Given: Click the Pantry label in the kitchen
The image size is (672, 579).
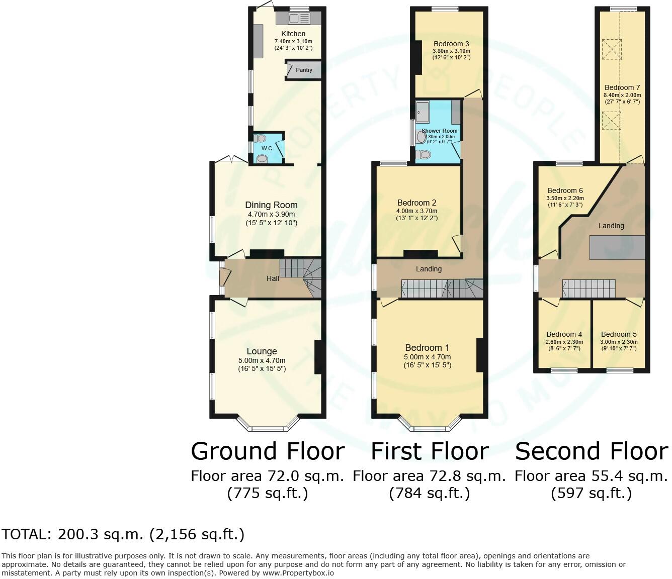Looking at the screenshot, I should tap(304, 70).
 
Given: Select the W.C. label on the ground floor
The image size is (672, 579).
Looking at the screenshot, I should tap(267, 148).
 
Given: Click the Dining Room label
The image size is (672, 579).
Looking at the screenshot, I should tap(271, 205).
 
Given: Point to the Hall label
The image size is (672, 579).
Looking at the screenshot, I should tap(273, 278).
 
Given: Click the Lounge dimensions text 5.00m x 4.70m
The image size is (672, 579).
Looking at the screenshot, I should tap(262, 360).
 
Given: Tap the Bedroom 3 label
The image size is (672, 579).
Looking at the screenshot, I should tap(451, 44).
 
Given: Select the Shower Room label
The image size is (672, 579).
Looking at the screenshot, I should tap(439, 131).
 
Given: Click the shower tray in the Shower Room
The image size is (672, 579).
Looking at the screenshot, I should tap(422, 112).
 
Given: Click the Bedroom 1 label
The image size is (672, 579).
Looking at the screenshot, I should tap(427, 348).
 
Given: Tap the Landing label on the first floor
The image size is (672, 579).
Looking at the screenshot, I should tap(429, 269).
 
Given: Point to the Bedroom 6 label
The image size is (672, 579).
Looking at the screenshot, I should tap(565, 190).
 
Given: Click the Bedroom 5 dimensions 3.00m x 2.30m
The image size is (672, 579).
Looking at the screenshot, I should tap(618, 342).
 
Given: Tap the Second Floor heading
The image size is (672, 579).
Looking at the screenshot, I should tap(592, 451).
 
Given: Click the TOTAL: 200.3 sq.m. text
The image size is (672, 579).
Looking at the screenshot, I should tap(123, 534).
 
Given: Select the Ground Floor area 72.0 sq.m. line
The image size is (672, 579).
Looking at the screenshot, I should tap(267, 476).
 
